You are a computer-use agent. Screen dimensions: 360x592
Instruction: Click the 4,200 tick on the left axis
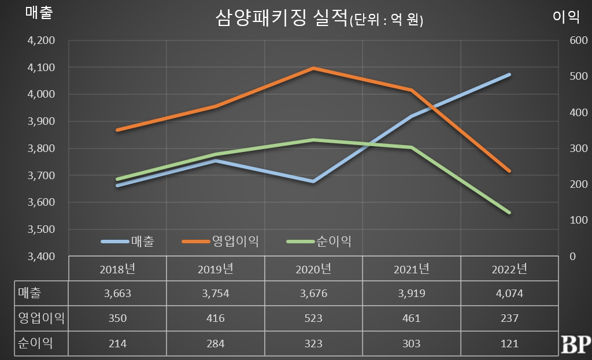[40, 40]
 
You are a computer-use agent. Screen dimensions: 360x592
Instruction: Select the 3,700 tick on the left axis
[40, 175]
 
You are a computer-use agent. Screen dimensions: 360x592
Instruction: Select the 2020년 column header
[313, 269]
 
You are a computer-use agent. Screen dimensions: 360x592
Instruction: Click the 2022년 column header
[509, 269]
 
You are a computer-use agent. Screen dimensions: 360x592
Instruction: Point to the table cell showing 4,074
[509, 294]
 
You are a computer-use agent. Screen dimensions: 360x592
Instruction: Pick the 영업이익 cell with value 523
[313, 318]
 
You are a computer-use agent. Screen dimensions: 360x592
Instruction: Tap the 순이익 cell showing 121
[509, 343]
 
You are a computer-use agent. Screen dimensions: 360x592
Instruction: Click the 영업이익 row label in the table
[40, 318]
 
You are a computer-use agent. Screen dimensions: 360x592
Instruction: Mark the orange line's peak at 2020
[313, 68]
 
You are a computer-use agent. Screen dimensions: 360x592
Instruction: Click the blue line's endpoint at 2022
[509, 75]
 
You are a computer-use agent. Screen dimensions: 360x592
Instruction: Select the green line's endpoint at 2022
[509, 213]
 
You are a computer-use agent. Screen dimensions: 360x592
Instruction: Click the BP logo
[575, 343]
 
